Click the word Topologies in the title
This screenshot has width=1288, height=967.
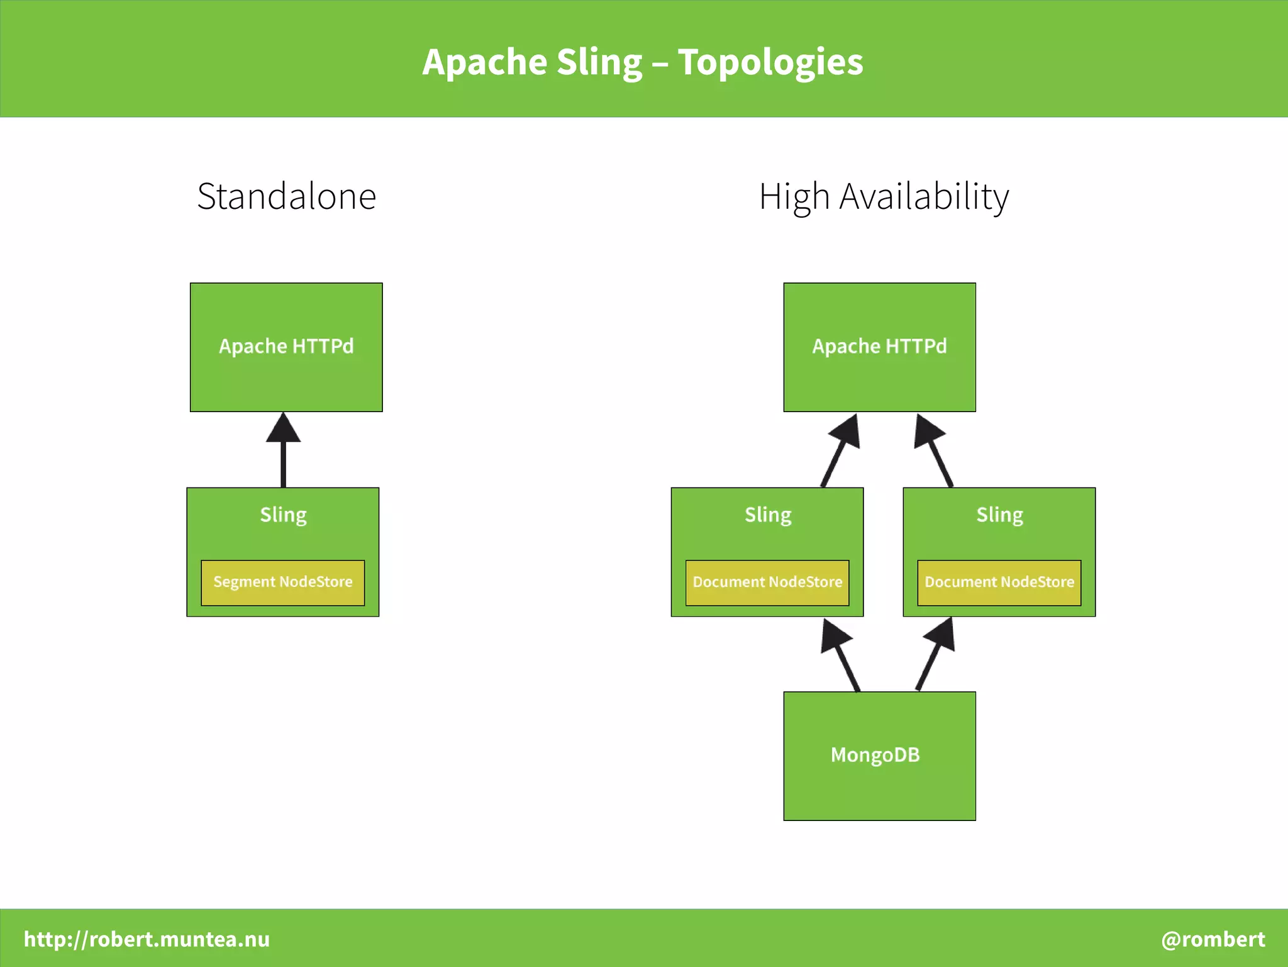[770, 63]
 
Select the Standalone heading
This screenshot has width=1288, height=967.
[287, 196]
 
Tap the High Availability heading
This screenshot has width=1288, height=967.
[884, 196]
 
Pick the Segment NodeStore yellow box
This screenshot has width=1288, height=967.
[283, 583]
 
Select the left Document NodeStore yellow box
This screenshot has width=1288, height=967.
[767, 583]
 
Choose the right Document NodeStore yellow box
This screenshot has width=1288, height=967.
[999, 583]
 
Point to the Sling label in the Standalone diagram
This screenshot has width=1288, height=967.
[283, 515]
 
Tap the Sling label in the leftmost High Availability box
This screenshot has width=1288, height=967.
[768, 515]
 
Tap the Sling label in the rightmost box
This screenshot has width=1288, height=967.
[999, 515]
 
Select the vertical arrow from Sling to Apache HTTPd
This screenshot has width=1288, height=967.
[283, 453]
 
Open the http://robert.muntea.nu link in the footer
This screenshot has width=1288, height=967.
[147, 939]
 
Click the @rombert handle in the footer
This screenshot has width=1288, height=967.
[1213, 939]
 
